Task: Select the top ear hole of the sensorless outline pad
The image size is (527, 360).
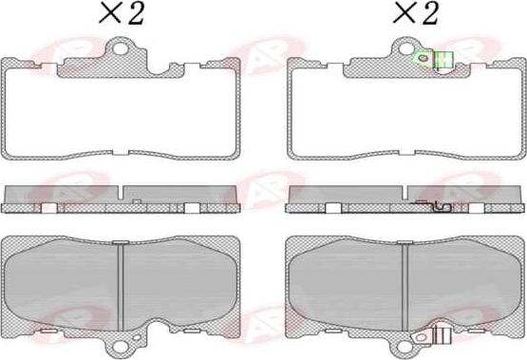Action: pyautogui.click(x=122, y=48)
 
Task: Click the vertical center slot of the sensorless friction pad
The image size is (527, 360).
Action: pyautogui.click(x=122, y=281)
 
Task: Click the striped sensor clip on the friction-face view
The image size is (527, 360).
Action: pyautogui.click(x=440, y=334)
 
